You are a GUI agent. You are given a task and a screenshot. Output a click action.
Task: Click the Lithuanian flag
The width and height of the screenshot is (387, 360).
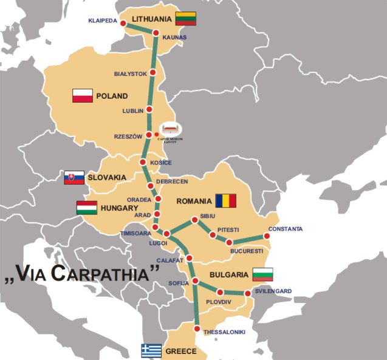[x=185, y=19]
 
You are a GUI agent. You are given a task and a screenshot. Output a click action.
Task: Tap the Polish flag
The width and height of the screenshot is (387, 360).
[x=83, y=95]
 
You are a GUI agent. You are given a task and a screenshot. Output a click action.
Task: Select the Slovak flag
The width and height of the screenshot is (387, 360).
[x=74, y=177]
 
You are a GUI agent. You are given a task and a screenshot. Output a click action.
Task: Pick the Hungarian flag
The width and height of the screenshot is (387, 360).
[x=86, y=208]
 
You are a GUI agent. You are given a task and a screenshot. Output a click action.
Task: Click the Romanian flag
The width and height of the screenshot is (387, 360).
[x=225, y=200]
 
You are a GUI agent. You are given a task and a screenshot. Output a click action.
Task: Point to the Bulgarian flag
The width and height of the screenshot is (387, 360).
[x=263, y=274]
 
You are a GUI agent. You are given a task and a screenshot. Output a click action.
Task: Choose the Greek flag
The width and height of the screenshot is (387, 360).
[x=151, y=351]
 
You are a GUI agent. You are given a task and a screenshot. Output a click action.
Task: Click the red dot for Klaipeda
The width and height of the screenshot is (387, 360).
[x=123, y=24]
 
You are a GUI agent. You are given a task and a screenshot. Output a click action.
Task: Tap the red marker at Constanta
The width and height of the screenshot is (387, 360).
[x=265, y=236]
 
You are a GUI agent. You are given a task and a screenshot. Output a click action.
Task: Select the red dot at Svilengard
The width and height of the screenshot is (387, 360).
[x=248, y=294]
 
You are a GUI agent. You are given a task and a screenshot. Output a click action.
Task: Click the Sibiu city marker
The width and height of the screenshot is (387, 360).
[x=194, y=220]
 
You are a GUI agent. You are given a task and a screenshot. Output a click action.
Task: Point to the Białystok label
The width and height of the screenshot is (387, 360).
[x=131, y=74]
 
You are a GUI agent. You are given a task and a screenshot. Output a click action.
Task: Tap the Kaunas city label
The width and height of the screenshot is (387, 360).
[x=174, y=38]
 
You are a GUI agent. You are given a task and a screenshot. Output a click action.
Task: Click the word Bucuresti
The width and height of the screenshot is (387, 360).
[x=247, y=251]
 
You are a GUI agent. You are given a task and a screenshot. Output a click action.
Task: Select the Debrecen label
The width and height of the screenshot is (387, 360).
[x=172, y=181]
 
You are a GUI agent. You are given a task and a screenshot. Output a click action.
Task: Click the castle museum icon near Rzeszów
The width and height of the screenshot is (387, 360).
[x=170, y=129]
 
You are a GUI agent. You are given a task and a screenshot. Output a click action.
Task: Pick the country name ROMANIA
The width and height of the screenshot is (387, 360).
[x=193, y=200]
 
